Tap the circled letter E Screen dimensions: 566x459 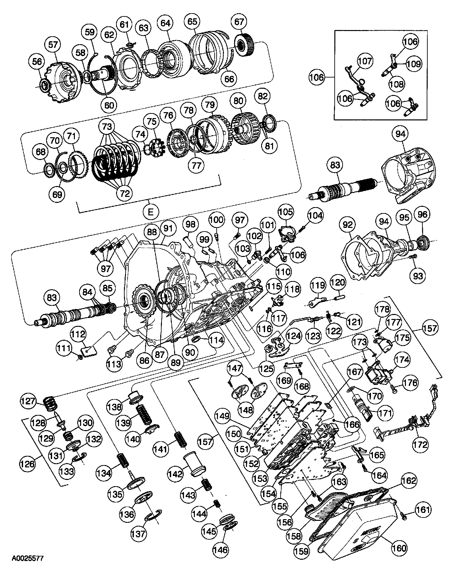150,211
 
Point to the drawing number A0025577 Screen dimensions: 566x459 28,558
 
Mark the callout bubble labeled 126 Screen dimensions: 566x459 27,464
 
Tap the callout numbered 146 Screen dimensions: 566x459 220,550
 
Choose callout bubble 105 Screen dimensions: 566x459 286,212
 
